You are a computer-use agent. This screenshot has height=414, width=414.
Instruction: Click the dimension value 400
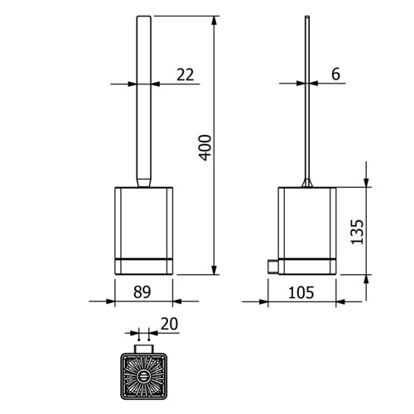[205, 147]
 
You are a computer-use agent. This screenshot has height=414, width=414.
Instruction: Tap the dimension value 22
[185, 75]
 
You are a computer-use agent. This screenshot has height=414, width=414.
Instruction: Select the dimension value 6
[335, 74]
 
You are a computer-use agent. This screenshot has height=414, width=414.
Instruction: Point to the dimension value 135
[357, 232]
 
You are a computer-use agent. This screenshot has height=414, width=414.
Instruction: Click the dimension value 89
[142, 292]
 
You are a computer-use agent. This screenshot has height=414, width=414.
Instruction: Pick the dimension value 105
[301, 292]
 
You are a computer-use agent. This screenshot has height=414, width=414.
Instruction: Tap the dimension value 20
[169, 324]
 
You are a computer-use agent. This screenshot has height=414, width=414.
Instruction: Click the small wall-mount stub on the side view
[273, 267]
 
